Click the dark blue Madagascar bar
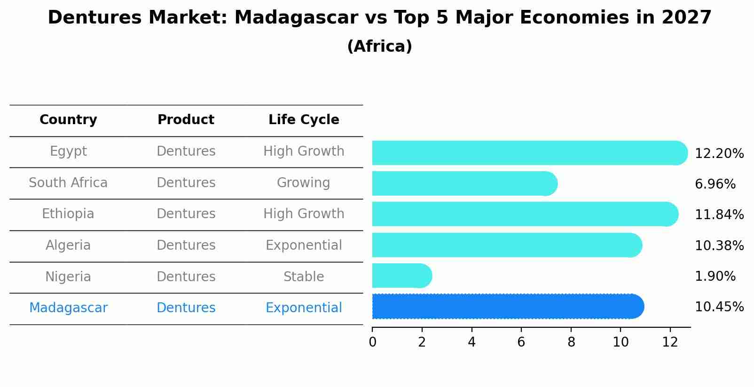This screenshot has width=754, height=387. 508,307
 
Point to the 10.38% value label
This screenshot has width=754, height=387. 719,245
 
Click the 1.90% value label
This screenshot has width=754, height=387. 715,276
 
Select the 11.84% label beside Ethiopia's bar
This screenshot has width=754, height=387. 719,214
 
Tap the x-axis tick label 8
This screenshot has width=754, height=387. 571,342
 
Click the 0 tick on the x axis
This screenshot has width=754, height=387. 373,342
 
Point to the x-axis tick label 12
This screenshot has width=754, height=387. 670,342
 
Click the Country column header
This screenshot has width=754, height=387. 68,120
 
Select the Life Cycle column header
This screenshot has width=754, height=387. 304,120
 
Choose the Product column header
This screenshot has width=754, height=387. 186,120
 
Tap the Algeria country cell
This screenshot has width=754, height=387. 68,245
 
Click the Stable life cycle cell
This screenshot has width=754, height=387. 304,276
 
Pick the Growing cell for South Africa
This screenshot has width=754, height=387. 304,182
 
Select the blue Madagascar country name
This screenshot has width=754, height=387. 68,308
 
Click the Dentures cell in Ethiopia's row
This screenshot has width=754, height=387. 186,214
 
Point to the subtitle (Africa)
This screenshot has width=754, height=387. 379,47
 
